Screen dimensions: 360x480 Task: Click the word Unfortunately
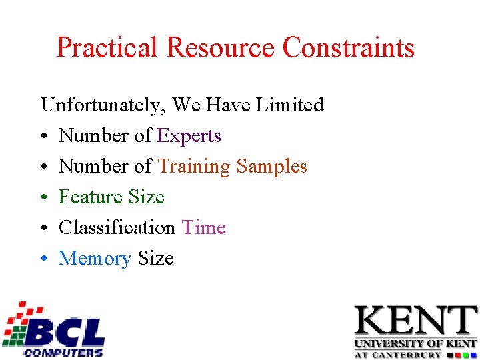(x=103, y=105)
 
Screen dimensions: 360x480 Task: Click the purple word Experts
(x=189, y=136)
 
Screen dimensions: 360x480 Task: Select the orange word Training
(x=194, y=167)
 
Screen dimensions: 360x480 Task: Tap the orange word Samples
(x=272, y=167)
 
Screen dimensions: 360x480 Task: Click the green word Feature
(x=91, y=197)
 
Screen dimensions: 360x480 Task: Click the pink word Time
(x=203, y=228)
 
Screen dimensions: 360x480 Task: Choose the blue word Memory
(x=95, y=259)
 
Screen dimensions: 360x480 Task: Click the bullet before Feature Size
(x=44, y=198)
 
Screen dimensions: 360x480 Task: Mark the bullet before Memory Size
(x=44, y=259)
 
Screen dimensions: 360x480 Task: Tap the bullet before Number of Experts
(x=44, y=137)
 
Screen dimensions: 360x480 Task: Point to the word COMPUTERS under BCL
(x=63, y=352)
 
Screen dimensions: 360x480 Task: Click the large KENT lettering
(x=415, y=322)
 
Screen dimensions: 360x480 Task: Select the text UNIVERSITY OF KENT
(x=415, y=344)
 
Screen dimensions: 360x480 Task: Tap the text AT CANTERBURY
(x=397, y=355)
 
